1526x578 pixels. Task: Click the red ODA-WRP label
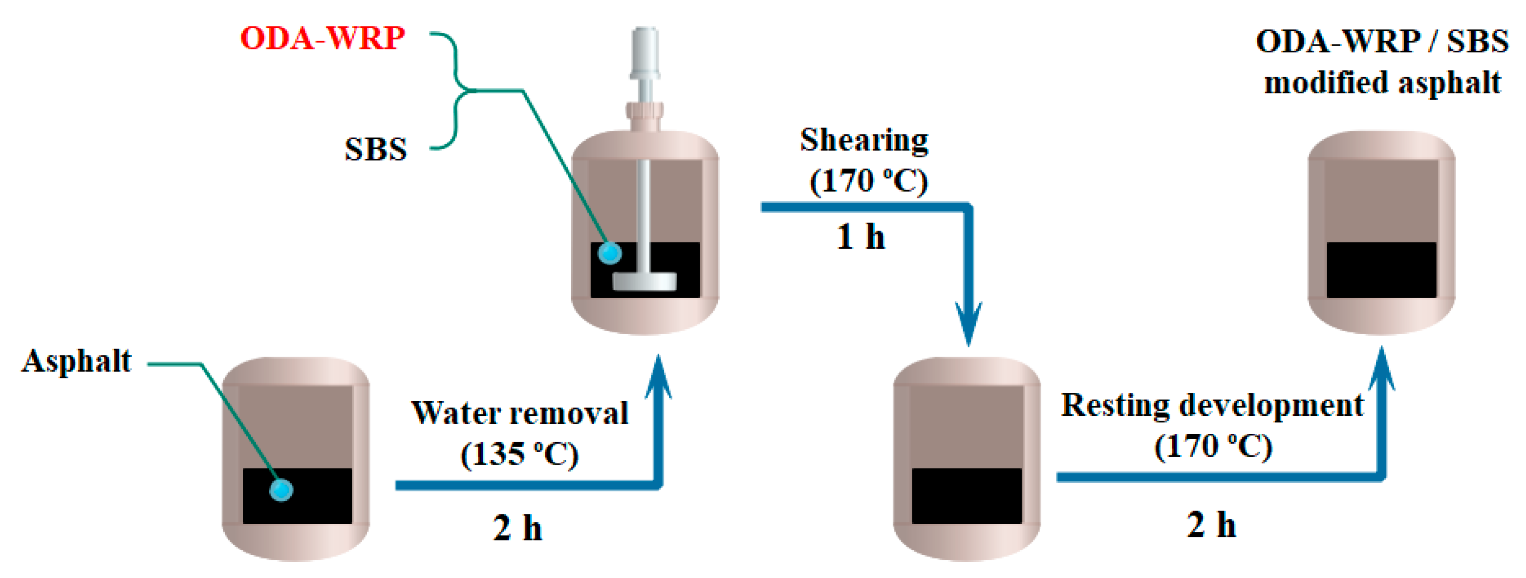coord(322,39)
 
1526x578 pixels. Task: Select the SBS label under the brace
coord(376,149)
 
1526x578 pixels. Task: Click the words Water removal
coord(519,413)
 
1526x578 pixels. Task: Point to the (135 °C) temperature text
coord(519,455)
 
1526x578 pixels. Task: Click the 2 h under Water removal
coord(517,528)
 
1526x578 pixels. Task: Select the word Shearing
coord(864,141)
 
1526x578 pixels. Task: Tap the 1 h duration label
coord(861,237)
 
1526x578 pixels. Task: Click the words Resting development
coord(1212,406)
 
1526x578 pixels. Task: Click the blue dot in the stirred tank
coord(610,254)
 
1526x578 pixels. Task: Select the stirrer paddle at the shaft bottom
coord(645,282)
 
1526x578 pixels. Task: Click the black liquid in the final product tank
coord(1381,270)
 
